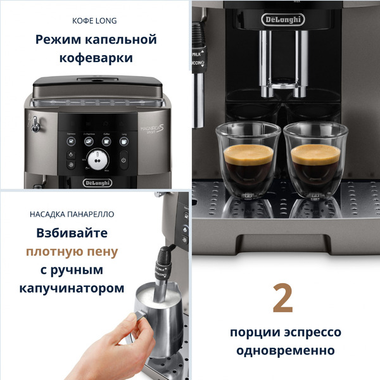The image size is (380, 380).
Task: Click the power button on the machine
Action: (x=123, y=160)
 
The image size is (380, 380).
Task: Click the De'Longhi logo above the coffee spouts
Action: (x=283, y=20)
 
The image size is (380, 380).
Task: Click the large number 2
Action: (x=282, y=299)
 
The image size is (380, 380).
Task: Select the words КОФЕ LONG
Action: (x=95, y=20)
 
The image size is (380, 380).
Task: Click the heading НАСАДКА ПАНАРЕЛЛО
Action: (x=72, y=214)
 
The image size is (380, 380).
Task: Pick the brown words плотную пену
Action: (x=72, y=251)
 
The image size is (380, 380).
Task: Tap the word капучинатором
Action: (x=72, y=288)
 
